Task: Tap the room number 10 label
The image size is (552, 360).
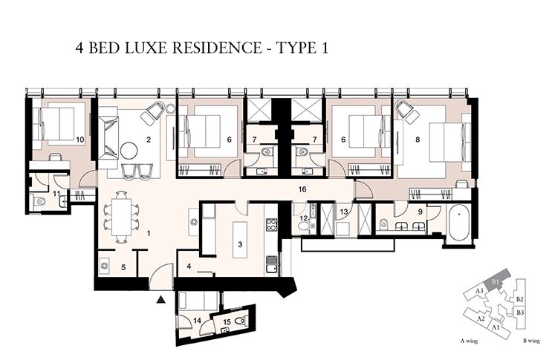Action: pos(79,139)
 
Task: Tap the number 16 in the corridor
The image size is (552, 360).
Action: pos(301,190)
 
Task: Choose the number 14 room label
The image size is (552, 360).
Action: pos(197,320)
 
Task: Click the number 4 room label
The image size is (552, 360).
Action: pos(189,265)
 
